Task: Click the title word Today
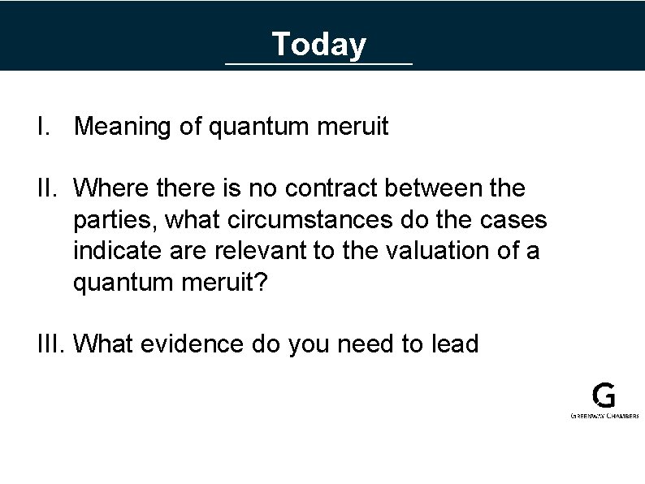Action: pos(318,44)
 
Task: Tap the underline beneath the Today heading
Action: pos(318,63)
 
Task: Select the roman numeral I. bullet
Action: pos(45,127)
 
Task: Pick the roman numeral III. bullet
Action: pos(51,344)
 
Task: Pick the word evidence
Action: pos(192,344)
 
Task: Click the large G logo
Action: pos(604,395)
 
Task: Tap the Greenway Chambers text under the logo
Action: pos(604,415)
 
